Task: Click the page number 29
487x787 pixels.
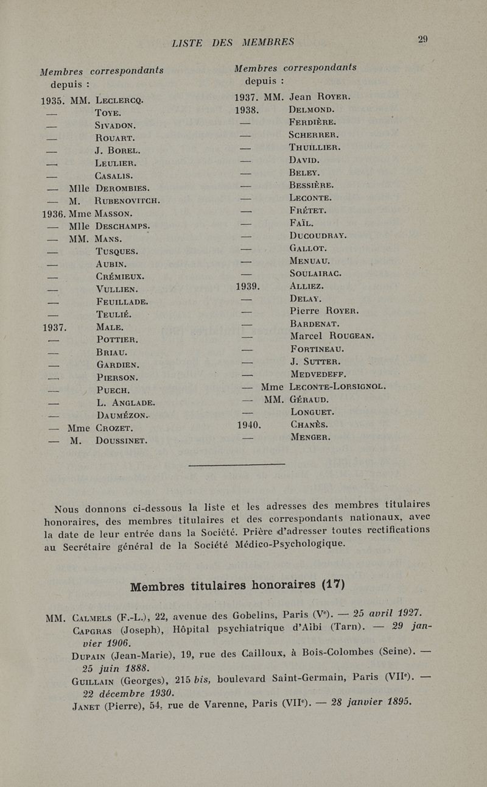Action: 423,40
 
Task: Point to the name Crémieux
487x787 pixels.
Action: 119,276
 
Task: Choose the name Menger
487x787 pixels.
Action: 311,437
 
